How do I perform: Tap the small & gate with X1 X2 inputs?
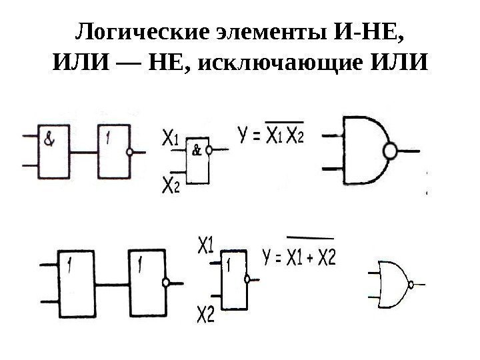click(x=197, y=160)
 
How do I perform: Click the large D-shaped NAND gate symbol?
click(x=363, y=151)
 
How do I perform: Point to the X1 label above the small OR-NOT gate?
click(x=206, y=246)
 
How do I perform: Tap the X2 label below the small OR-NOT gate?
click(x=206, y=313)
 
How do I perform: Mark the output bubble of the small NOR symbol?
click(x=411, y=284)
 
